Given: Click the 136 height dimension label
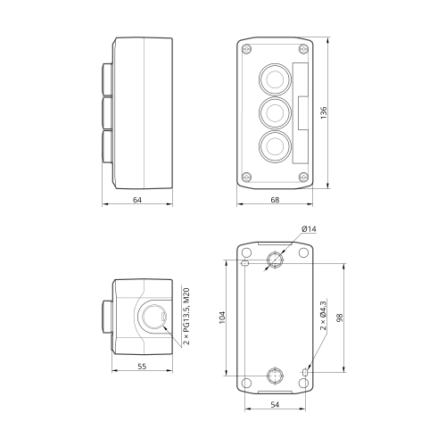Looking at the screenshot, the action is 324,112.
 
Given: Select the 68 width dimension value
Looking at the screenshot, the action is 275,200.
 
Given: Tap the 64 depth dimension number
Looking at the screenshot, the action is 137,200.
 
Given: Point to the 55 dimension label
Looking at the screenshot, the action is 142,367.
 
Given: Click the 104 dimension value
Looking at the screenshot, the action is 222,318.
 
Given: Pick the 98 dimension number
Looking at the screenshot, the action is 340,318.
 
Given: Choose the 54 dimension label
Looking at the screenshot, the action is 275,405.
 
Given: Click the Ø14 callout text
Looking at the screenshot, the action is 309,229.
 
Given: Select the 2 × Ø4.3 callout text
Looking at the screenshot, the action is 323,316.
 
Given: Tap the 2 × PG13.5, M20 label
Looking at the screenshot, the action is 186,316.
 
